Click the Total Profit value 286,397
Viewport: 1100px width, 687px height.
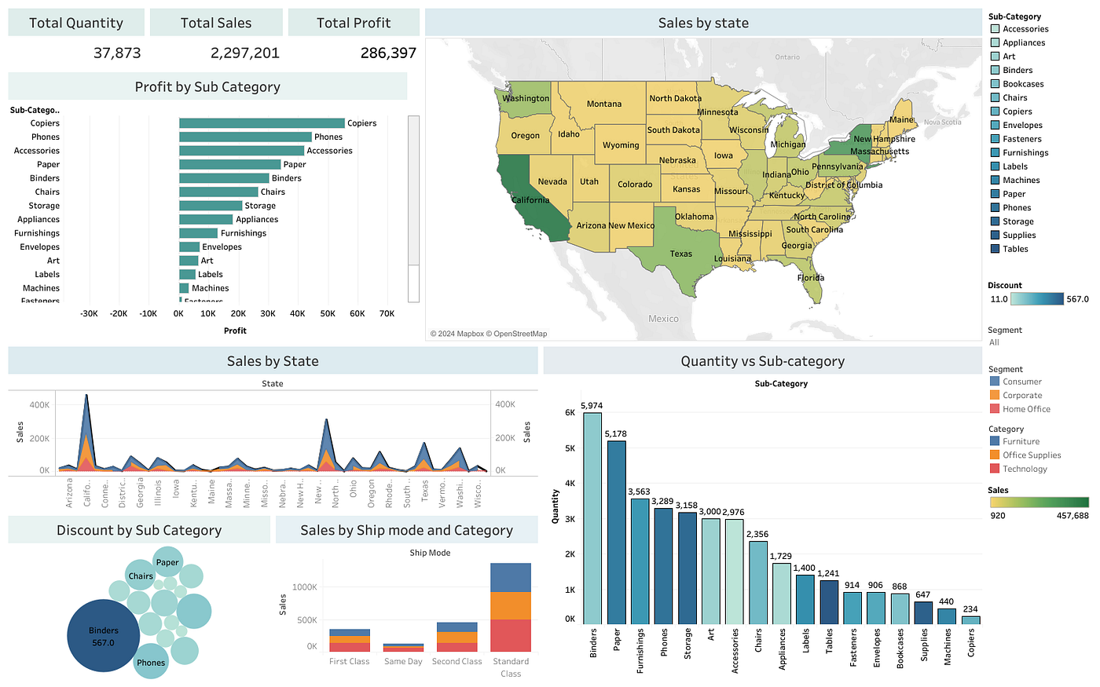pos(388,53)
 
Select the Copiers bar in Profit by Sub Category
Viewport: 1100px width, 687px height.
pos(262,123)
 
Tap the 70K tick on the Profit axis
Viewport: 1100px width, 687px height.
pos(387,313)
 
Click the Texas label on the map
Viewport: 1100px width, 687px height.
pos(680,254)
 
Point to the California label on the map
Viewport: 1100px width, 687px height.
pos(530,200)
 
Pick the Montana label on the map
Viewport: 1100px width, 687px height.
pos(603,104)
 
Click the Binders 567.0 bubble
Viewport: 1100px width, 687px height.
pos(104,636)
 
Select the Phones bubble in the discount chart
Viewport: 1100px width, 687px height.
pos(151,662)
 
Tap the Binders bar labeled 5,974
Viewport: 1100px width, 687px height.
pos(592,518)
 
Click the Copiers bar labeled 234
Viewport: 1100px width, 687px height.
pos(971,619)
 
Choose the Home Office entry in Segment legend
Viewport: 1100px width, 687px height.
pos(1026,409)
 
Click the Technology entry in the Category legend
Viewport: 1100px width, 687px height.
pos(1025,469)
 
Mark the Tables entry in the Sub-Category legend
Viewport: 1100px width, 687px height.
pos(1015,249)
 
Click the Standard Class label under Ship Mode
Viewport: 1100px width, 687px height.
pos(511,667)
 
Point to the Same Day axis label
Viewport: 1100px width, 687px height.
pos(403,661)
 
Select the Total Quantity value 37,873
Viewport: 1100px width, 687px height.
pos(117,53)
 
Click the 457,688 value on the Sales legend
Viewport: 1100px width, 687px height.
pos(1072,516)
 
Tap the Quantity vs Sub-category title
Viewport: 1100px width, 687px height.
pos(762,361)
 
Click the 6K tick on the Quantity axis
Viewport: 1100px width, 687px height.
pos(570,412)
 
